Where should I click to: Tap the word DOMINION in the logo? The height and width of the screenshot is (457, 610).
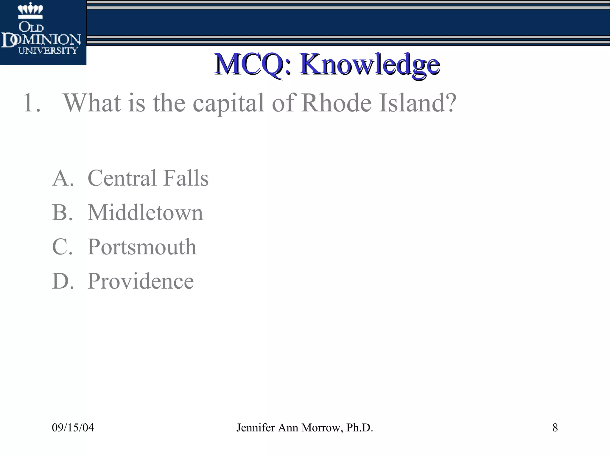pyautogui.click(x=41, y=40)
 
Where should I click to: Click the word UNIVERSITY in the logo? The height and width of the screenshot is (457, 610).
pyautogui.click(x=48, y=51)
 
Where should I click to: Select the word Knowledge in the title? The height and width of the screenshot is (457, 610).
pyautogui.click(x=370, y=64)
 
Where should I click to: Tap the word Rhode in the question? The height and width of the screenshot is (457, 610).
pyautogui.click(x=336, y=103)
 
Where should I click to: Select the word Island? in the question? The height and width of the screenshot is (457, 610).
pyautogui.click(x=417, y=103)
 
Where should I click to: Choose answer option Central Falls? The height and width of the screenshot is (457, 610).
pyautogui.click(x=148, y=178)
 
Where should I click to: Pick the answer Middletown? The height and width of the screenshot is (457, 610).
pyautogui.click(x=145, y=212)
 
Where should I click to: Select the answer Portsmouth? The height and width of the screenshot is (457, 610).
pyautogui.click(x=142, y=247)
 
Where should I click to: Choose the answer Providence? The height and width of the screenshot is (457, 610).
pyautogui.click(x=141, y=281)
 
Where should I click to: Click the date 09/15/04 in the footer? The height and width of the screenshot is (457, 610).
pyautogui.click(x=73, y=428)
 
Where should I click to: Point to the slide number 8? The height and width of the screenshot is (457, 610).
pyautogui.click(x=555, y=428)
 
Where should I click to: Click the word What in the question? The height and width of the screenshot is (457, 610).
pyautogui.click(x=92, y=103)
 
